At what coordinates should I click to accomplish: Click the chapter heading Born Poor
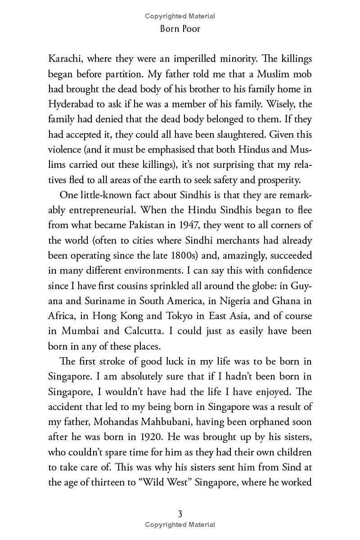(x=180, y=29)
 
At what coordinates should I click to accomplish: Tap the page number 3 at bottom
(x=180, y=513)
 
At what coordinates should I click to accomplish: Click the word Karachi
(x=66, y=59)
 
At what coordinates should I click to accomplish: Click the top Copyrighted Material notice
(x=180, y=16)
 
